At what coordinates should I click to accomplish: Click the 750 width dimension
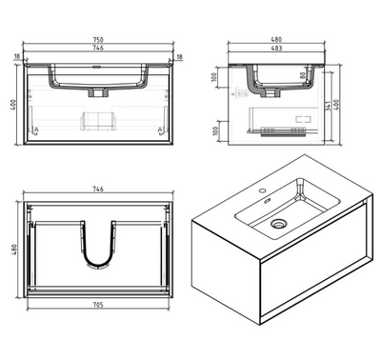pos(99,39)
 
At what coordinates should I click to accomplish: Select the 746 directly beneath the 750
pos(99,48)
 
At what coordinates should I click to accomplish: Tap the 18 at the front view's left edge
pos(18,57)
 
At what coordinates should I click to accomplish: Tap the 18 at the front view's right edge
pos(180,57)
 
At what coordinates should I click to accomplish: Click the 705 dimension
pos(99,307)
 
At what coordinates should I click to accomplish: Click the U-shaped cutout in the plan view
pos(99,250)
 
